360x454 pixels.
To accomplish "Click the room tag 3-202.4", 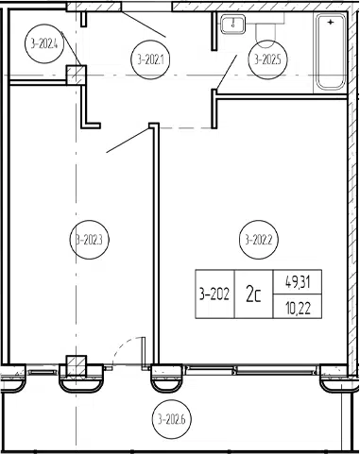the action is click(44, 44).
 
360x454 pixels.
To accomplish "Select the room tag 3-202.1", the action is click(150, 59).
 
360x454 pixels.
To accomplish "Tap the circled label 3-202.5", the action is click(267, 59).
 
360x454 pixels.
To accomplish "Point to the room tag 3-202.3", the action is click(89, 240).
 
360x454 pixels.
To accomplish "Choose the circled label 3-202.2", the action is click(259, 240).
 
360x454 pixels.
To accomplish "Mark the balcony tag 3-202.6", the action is click(171, 419).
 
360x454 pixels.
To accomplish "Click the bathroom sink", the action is click(233, 24).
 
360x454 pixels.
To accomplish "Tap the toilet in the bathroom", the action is click(267, 30).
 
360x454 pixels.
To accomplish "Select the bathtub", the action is click(331, 52).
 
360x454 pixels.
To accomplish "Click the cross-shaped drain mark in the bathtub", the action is click(331, 23).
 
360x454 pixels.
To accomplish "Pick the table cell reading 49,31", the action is click(298, 282).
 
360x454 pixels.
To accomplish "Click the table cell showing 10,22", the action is click(298, 307).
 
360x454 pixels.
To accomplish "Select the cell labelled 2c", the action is click(254, 294).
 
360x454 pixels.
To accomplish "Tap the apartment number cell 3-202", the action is click(214, 294).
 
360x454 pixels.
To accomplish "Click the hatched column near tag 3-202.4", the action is click(76, 75).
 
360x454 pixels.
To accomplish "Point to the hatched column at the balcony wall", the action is click(76, 366).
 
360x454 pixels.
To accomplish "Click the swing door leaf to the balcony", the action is click(143, 351).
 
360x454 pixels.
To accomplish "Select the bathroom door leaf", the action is click(227, 72).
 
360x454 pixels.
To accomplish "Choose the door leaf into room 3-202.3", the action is click(128, 141).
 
